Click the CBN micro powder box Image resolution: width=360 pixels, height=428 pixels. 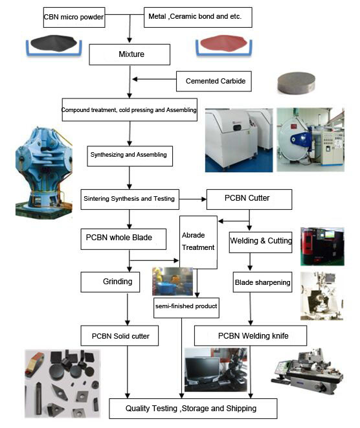(x=74, y=17)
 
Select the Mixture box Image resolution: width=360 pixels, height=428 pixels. (x=129, y=54)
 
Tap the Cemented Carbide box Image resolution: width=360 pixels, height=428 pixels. (x=214, y=81)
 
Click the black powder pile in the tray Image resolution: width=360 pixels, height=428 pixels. (x=53, y=43)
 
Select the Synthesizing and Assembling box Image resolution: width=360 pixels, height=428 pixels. (x=130, y=156)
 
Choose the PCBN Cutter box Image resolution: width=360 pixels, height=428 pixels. (x=249, y=199)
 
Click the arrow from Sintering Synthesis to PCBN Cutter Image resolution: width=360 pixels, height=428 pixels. (x=193, y=199)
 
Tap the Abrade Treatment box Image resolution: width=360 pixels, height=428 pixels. (x=198, y=242)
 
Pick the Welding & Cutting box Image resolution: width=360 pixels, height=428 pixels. (x=261, y=242)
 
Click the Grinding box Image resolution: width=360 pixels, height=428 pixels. (x=110, y=282)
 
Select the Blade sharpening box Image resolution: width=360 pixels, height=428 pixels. (x=262, y=282)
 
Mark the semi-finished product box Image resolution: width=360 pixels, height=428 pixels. (x=186, y=308)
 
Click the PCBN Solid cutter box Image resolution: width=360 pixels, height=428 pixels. (x=120, y=335)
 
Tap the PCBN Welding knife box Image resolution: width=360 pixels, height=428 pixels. (x=251, y=335)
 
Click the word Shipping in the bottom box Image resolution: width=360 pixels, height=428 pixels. (x=242, y=409)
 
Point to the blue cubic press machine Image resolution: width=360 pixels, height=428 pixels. (x=43, y=172)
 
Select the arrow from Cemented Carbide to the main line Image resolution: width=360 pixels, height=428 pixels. (x=154, y=79)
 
